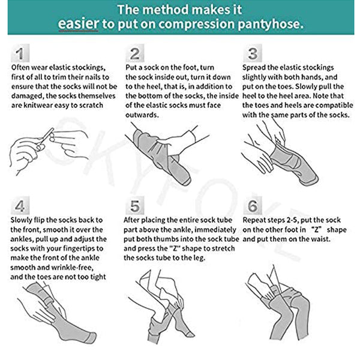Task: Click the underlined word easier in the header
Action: pos(78,24)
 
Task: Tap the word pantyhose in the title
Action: pos(271,25)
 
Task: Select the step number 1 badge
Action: pos(20,53)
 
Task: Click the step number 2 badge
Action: pos(135,53)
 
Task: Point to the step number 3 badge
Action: pos(253,53)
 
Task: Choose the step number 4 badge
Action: pos(20,206)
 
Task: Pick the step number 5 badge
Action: pos(135,206)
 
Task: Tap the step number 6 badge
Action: pos(253,206)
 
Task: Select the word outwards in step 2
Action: pos(142,115)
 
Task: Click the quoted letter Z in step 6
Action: pos(316,230)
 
